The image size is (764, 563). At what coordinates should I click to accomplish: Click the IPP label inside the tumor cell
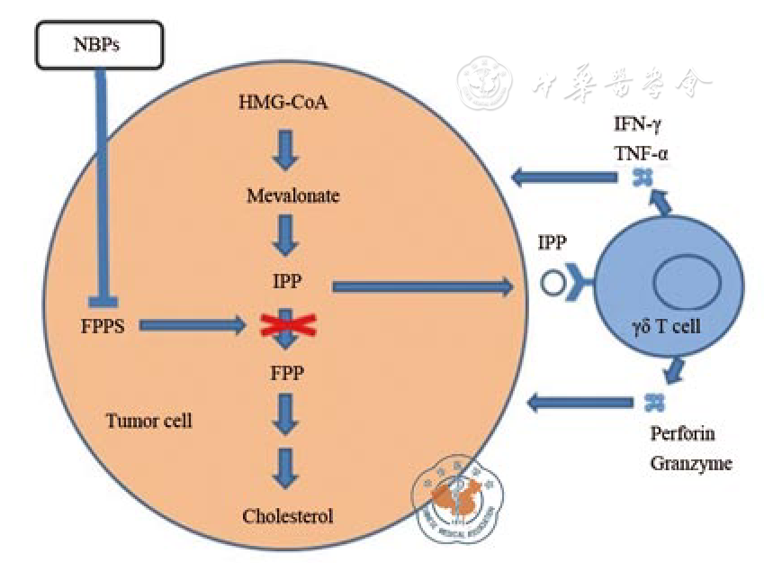(x=286, y=283)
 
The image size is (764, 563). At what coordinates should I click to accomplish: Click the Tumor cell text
(x=148, y=420)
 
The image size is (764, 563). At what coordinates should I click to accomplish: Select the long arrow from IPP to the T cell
(x=422, y=286)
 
